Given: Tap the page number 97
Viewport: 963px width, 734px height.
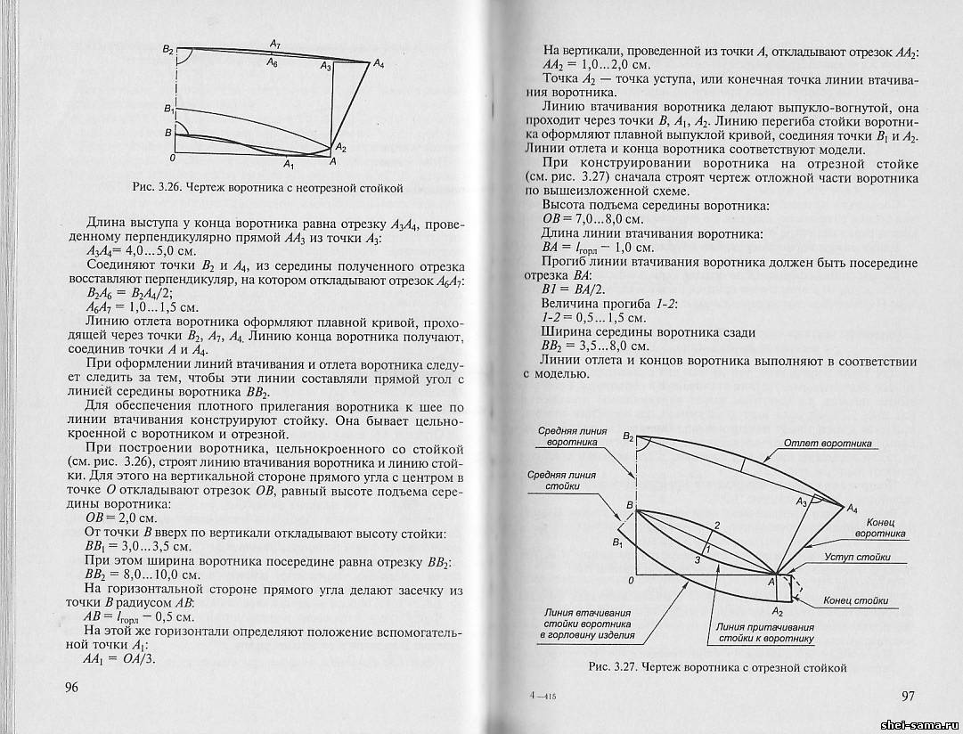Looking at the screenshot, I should [x=909, y=695].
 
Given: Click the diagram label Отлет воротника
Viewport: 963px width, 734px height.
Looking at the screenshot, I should [x=828, y=444].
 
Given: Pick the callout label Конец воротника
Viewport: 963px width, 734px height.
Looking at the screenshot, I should [x=880, y=526].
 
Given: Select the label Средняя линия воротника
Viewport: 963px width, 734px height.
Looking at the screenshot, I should [x=573, y=436].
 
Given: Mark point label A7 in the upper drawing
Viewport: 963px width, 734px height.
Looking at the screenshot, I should [x=274, y=44].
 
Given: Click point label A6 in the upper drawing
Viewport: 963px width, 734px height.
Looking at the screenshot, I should [x=273, y=65].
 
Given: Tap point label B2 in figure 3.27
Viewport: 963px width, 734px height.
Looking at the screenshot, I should [x=628, y=436].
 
